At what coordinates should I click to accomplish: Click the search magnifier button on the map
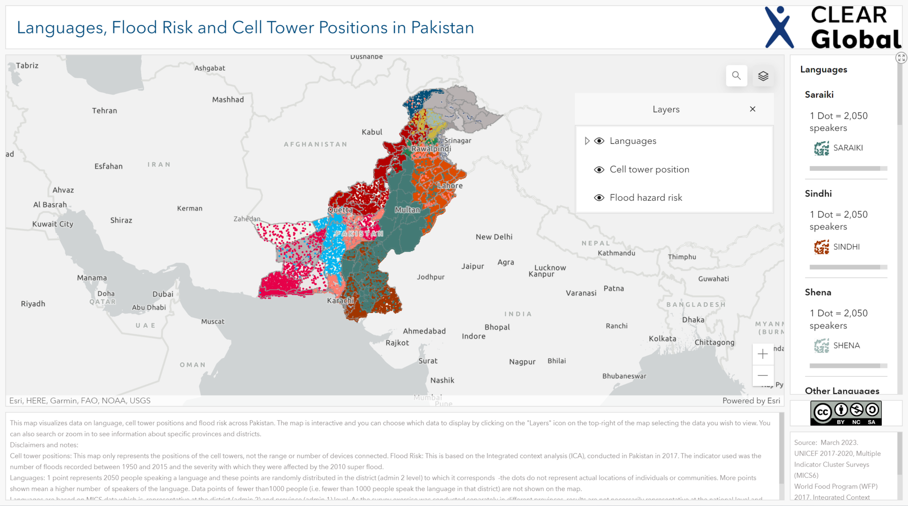click(x=736, y=75)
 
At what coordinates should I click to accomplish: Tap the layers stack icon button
click(x=763, y=76)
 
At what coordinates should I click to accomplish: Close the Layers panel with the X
click(x=752, y=109)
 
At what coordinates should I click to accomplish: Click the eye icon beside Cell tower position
click(x=599, y=170)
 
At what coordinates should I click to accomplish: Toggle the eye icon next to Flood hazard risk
click(x=599, y=198)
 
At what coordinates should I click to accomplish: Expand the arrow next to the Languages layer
click(x=587, y=141)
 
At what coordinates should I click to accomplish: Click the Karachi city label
click(x=340, y=300)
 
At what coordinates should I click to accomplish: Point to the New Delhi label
click(x=494, y=237)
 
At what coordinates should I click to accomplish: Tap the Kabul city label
click(x=372, y=132)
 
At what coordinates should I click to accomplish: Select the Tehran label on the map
click(x=105, y=111)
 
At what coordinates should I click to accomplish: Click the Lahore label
click(x=450, y=186)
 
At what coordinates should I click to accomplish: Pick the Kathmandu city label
click(x=616, y=253)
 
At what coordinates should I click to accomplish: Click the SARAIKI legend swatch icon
click(x=822, y=148)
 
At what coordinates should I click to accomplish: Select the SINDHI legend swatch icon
click(x=822, y=247)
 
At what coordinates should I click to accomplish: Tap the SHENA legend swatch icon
click(x=822, y=345)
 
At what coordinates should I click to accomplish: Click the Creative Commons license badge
click(x=845, y=413)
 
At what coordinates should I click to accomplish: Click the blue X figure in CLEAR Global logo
click(x=779, y=28)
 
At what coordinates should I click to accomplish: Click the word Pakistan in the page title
click(x=442, y=28)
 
